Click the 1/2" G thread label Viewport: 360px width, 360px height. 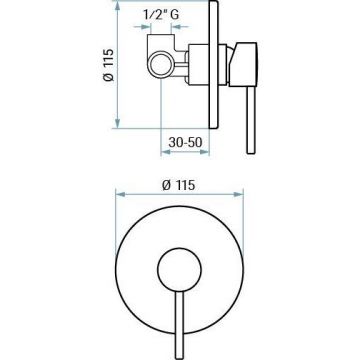click(161, 15)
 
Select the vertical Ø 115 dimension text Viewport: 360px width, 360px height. click(108, 65)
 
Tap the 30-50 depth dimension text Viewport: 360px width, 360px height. click(185, 142)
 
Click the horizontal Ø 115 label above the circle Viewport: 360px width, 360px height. click(179, 185)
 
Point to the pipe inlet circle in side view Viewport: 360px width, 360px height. click(161, 64)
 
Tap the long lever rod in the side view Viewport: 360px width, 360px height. click(251, 120)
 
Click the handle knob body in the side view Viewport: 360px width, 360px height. click(243, 65)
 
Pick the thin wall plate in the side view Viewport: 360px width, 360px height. click(214, 64)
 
